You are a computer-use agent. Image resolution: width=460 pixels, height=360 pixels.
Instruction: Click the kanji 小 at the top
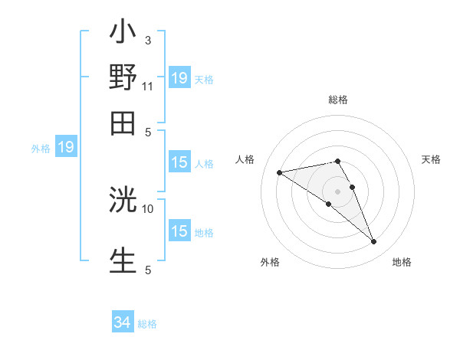click(x=123, y=35)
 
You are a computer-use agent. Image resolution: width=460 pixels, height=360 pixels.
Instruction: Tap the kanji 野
click(x=123, y=79)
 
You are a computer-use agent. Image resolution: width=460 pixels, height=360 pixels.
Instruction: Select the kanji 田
click(x=123, y=123)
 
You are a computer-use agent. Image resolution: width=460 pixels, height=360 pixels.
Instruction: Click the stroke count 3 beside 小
click(x=147, y=40)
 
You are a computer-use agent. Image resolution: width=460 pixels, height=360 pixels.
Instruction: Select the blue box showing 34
click(x=122, y=322)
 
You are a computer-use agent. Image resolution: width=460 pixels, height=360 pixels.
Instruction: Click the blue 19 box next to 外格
click(x=66, y=147)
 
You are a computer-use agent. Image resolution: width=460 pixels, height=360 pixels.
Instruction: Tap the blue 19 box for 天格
click(x=179, y=77)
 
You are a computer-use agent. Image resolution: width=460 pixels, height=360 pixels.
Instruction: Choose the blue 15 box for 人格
click(x=179, y=162)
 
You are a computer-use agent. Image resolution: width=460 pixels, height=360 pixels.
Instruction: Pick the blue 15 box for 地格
click(x=179, y=231)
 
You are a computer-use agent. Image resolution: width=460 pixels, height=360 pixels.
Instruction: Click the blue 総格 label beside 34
click(x=147, y=324)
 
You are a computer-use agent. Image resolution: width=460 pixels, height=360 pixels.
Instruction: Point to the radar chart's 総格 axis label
click(x=338, y=100)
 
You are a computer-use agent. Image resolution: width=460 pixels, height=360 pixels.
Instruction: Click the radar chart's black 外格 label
click(x=270, y=262)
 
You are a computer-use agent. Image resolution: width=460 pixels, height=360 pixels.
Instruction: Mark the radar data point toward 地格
click(x=373, y=242)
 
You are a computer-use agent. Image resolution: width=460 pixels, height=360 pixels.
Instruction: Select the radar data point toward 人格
click(x=280, y=172)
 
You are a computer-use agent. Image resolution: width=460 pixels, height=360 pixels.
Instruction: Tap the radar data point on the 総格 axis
click(x=338, y=161)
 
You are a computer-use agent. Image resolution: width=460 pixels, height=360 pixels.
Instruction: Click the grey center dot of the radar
click(x=338, y=191)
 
